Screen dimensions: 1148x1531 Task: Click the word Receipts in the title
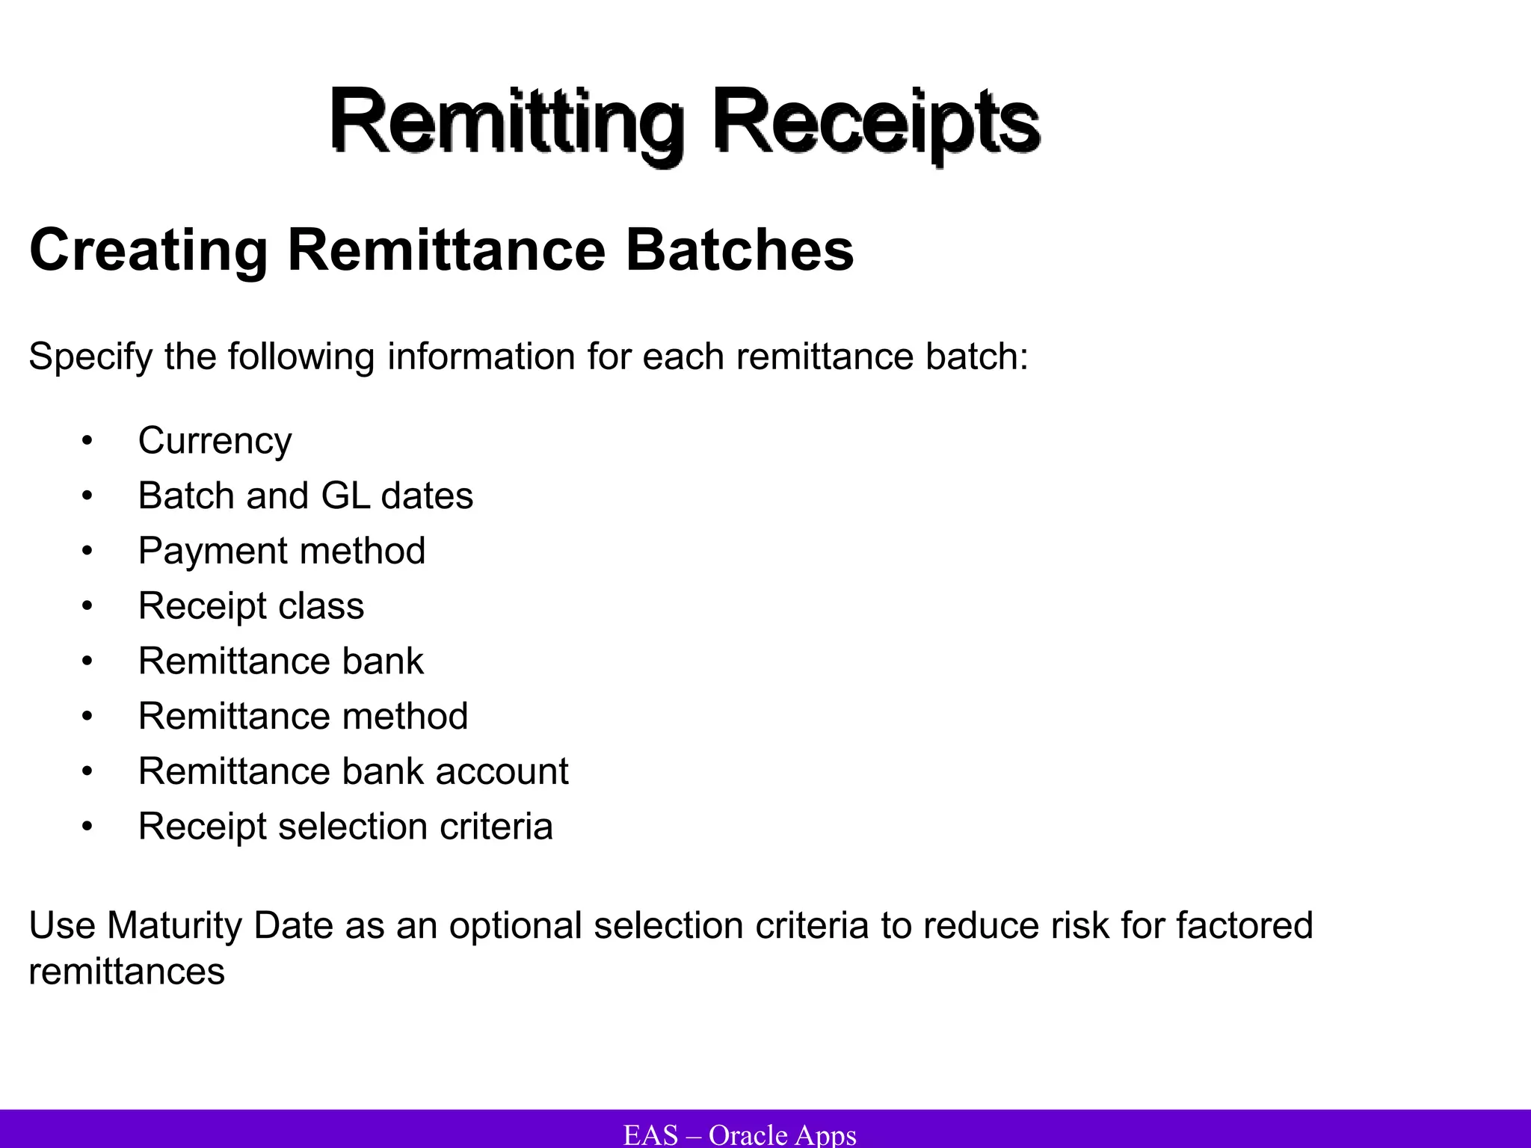point(875,121)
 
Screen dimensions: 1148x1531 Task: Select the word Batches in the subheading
point(739,250)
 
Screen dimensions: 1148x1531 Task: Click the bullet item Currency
point(215,441)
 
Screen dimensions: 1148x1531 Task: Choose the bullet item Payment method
point(282,551)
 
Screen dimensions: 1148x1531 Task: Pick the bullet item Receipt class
point(251,605)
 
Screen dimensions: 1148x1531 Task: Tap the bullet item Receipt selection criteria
point(345,827)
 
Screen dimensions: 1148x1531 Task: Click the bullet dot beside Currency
point(87,441)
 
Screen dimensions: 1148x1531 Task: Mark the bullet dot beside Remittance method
point(87,717)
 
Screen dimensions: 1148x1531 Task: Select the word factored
point(1244,926)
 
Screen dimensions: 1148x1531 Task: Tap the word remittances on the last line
point(126,972)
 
